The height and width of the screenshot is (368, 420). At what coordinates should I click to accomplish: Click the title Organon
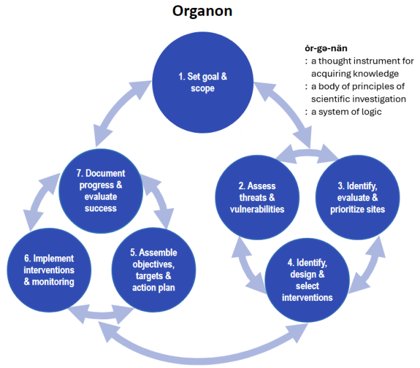[203, 12]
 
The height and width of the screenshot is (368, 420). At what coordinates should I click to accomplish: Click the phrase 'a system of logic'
[345, 111]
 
